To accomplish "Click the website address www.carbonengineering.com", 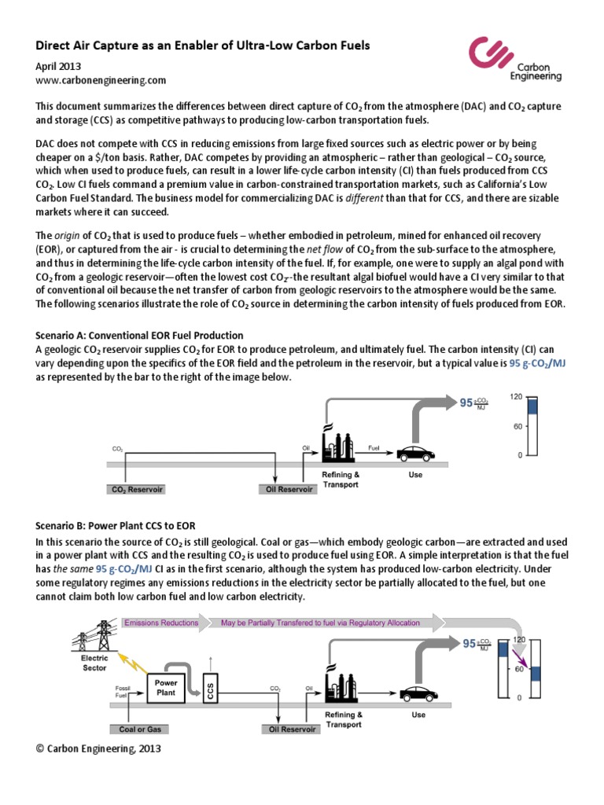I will [101, 80].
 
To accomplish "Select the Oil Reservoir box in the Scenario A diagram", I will [287, 489].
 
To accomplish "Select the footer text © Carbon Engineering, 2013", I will [98, 749].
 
